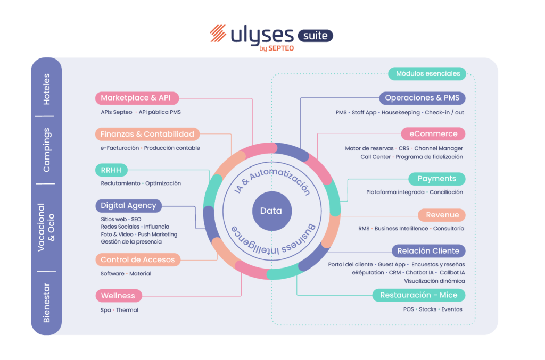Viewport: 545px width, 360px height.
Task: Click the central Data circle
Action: pos(271,211)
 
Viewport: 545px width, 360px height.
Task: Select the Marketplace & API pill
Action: pos(136,98)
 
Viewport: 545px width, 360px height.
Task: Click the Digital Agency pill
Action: pos(128,205)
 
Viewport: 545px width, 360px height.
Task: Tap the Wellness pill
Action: pos(118,296)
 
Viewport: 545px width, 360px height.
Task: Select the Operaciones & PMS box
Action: pos(422,98)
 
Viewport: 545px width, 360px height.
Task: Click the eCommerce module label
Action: pos(433,134)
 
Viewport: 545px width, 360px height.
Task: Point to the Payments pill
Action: pos(436,179)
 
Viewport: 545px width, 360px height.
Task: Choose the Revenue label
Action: pos(442,215)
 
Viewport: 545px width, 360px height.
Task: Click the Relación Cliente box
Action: pos(428,251)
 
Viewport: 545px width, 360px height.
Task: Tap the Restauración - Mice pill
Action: pos(418,295)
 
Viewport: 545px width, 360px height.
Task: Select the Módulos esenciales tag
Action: pos(427,73)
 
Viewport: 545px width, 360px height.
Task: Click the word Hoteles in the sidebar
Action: pos(47,89)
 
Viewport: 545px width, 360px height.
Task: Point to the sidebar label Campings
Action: pos(47,149)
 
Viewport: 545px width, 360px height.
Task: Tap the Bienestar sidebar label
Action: pos(47,303)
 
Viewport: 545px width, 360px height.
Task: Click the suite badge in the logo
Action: pos(315,36)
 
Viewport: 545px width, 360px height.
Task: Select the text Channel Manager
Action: pos(439,148)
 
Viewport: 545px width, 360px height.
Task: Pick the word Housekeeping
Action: pos(400,113)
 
